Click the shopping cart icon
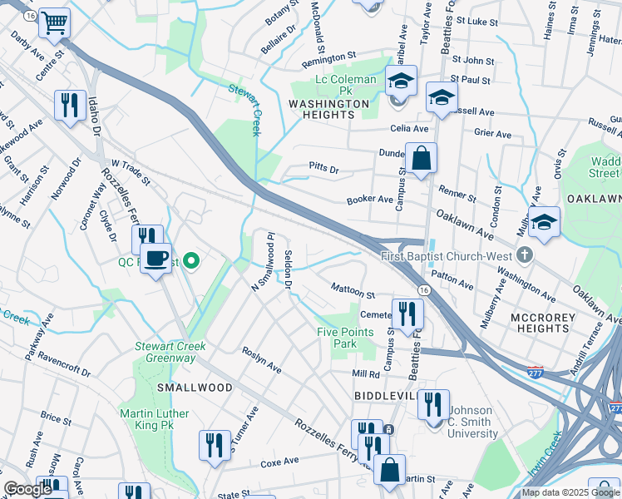(x=55, y=23)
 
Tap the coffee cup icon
(x=155, y=259)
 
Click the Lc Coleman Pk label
(x=344, y=80)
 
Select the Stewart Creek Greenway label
(x=166, y=353)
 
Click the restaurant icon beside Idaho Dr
(x=67, y=106)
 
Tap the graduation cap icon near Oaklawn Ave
(x=544, y=223)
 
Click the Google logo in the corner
(x=27, y=489)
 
